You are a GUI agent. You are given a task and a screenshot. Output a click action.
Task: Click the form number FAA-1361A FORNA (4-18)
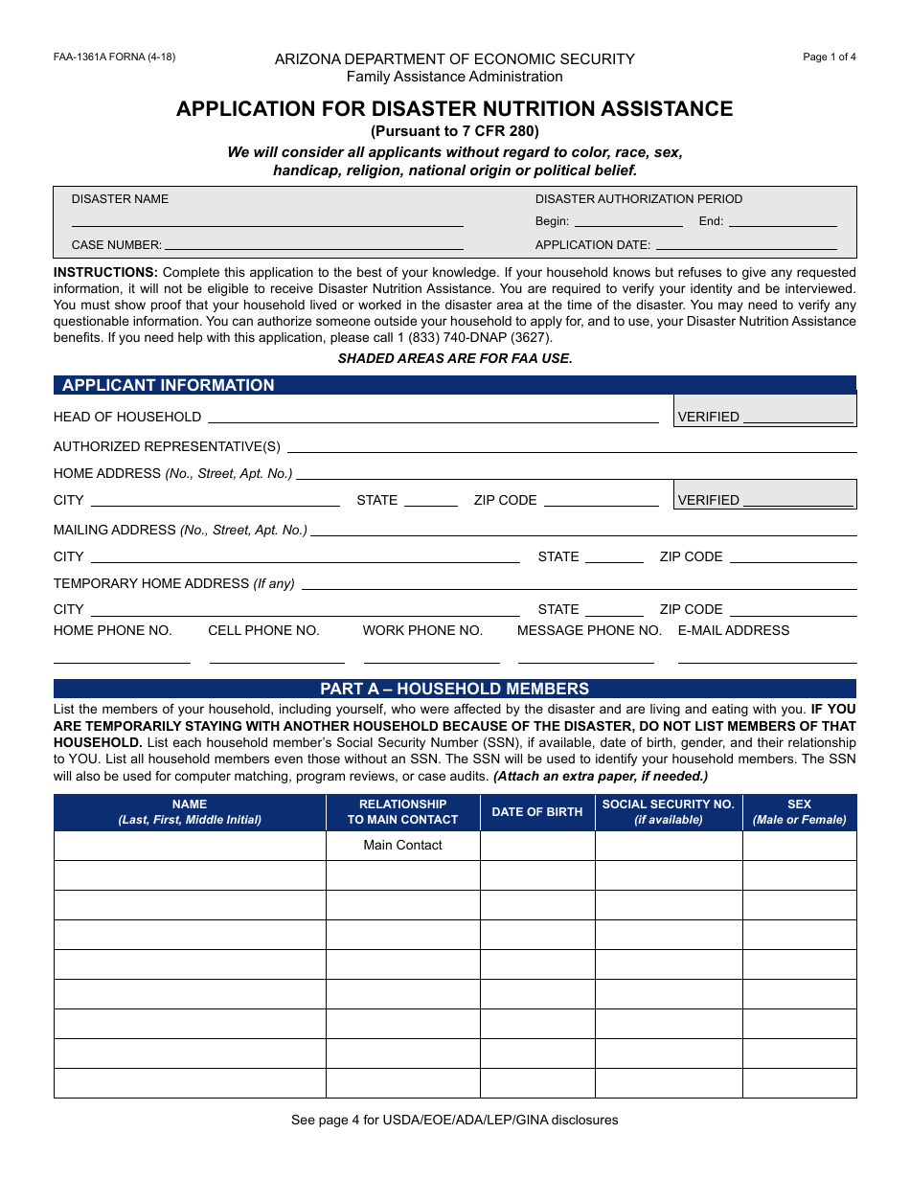pos(114,57)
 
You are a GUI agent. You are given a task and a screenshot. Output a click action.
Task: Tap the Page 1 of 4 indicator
pos(830,57)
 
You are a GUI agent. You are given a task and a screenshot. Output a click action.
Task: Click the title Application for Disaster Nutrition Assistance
pos(454,109)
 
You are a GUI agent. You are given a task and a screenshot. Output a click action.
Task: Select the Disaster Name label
pos(120,199)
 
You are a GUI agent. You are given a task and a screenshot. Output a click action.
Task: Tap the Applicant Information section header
pos(168,385)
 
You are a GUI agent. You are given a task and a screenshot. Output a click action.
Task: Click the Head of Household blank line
pos(433,417)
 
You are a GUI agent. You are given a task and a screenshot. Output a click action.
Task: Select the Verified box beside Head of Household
pos(764,410)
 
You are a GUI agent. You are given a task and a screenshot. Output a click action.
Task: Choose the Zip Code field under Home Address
pos(602,500)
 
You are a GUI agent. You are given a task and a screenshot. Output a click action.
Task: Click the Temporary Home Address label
pos(173,583)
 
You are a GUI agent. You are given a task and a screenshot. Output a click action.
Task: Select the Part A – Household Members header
pos(454,689)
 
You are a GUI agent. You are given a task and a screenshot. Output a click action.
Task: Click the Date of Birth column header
pos(537,812)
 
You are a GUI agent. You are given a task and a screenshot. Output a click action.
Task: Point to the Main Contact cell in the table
pos(402,845)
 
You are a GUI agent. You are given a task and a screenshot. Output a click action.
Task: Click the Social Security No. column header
pos(668,812)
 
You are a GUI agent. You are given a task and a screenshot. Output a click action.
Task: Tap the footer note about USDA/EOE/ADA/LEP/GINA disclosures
pos(454,1120)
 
